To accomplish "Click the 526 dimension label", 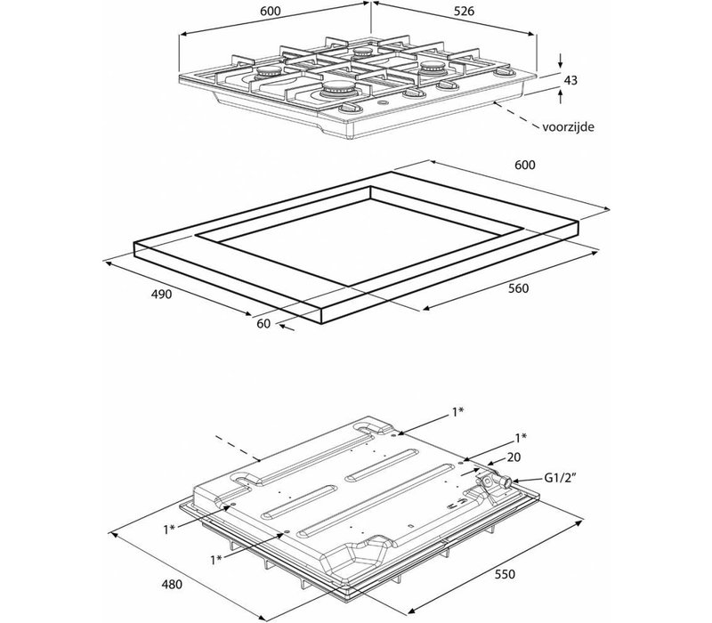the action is tap(464, 11).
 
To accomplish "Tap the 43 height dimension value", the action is tap(570, 80).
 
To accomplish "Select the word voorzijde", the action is tap(568, 126).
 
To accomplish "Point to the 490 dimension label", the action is tap(162, 295).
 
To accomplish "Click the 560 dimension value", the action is tap(518, 288).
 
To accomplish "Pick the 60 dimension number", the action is tap(263, 323).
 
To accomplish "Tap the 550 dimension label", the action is tap(505, 574).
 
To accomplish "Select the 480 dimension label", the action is tap(172, 585).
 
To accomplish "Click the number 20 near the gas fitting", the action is tap(514, 457).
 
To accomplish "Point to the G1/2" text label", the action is tap(560, 477).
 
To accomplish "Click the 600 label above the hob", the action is tap(271, 12).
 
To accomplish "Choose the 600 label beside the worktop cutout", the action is tap(525, 165).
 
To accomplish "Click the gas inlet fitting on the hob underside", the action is tap(494, 481).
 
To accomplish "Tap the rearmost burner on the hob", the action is tap(363, 52).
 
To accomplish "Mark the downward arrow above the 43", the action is tap(562, 61).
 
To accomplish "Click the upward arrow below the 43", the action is tap(562, 96).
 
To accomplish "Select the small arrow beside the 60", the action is tap(286, 327).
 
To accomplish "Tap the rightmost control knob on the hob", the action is tap(504, 71).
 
